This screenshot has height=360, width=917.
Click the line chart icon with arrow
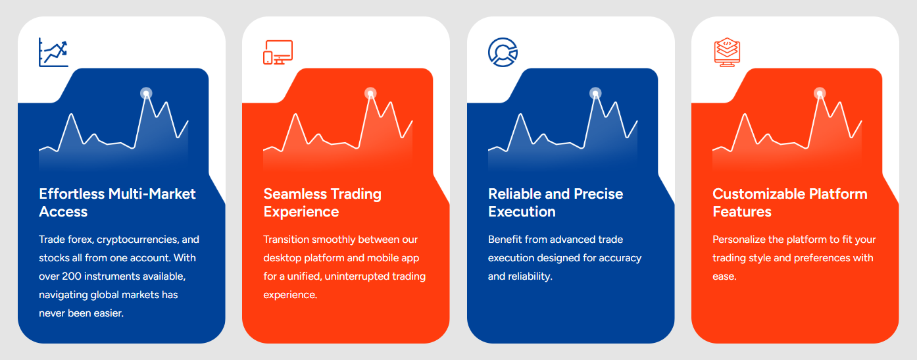pos(53,52)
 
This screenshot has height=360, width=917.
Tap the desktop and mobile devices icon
pos(278,53)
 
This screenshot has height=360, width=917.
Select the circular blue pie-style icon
pos(503,52)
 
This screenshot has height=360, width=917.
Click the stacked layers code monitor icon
pos(727,53)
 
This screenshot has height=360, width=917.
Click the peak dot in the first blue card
pos(146,93)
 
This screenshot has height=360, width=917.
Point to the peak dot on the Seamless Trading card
pos(370,93)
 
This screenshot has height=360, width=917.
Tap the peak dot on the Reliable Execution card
pos(595,93)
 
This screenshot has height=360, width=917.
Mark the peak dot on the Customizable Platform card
pos(820,93)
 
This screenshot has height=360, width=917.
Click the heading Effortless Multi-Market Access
pos(117,203)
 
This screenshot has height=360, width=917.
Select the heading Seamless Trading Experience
pos(322,203)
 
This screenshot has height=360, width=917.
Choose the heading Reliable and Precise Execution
pos(555,203)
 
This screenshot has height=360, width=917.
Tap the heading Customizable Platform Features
pos(789,203)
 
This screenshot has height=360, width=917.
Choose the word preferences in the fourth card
pos(821,258)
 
